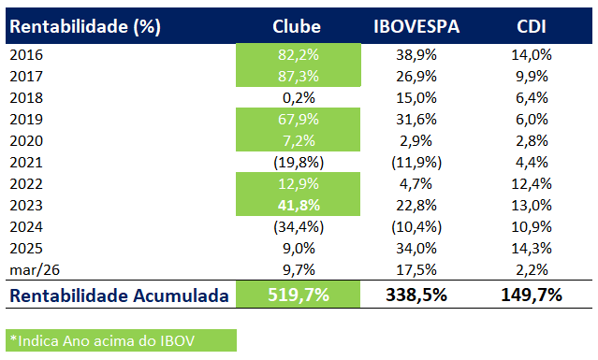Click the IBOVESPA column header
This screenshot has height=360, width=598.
[416, 26]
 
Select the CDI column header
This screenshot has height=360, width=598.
[532, 26]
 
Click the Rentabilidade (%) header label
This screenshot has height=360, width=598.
[85, 26]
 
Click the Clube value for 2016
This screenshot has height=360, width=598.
[299, 55]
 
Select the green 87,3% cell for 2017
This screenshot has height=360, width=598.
[299, 76]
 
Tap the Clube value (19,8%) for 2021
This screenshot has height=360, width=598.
[299, 162]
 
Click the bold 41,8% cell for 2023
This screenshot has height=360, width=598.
[299, 205]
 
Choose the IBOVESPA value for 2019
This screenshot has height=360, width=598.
[416, 119]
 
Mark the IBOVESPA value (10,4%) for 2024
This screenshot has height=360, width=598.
[416, 226]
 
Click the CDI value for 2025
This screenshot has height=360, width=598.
[532, 248]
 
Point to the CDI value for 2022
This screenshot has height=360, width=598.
[532, 183]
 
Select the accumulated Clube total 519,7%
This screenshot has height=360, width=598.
[299, 295]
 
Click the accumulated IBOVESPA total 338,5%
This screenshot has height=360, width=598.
[416, 295]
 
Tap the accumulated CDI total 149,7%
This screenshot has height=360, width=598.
[532, 295]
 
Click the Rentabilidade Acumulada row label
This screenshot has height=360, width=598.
[119, 295]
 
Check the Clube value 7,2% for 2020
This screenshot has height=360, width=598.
[299, 140]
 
